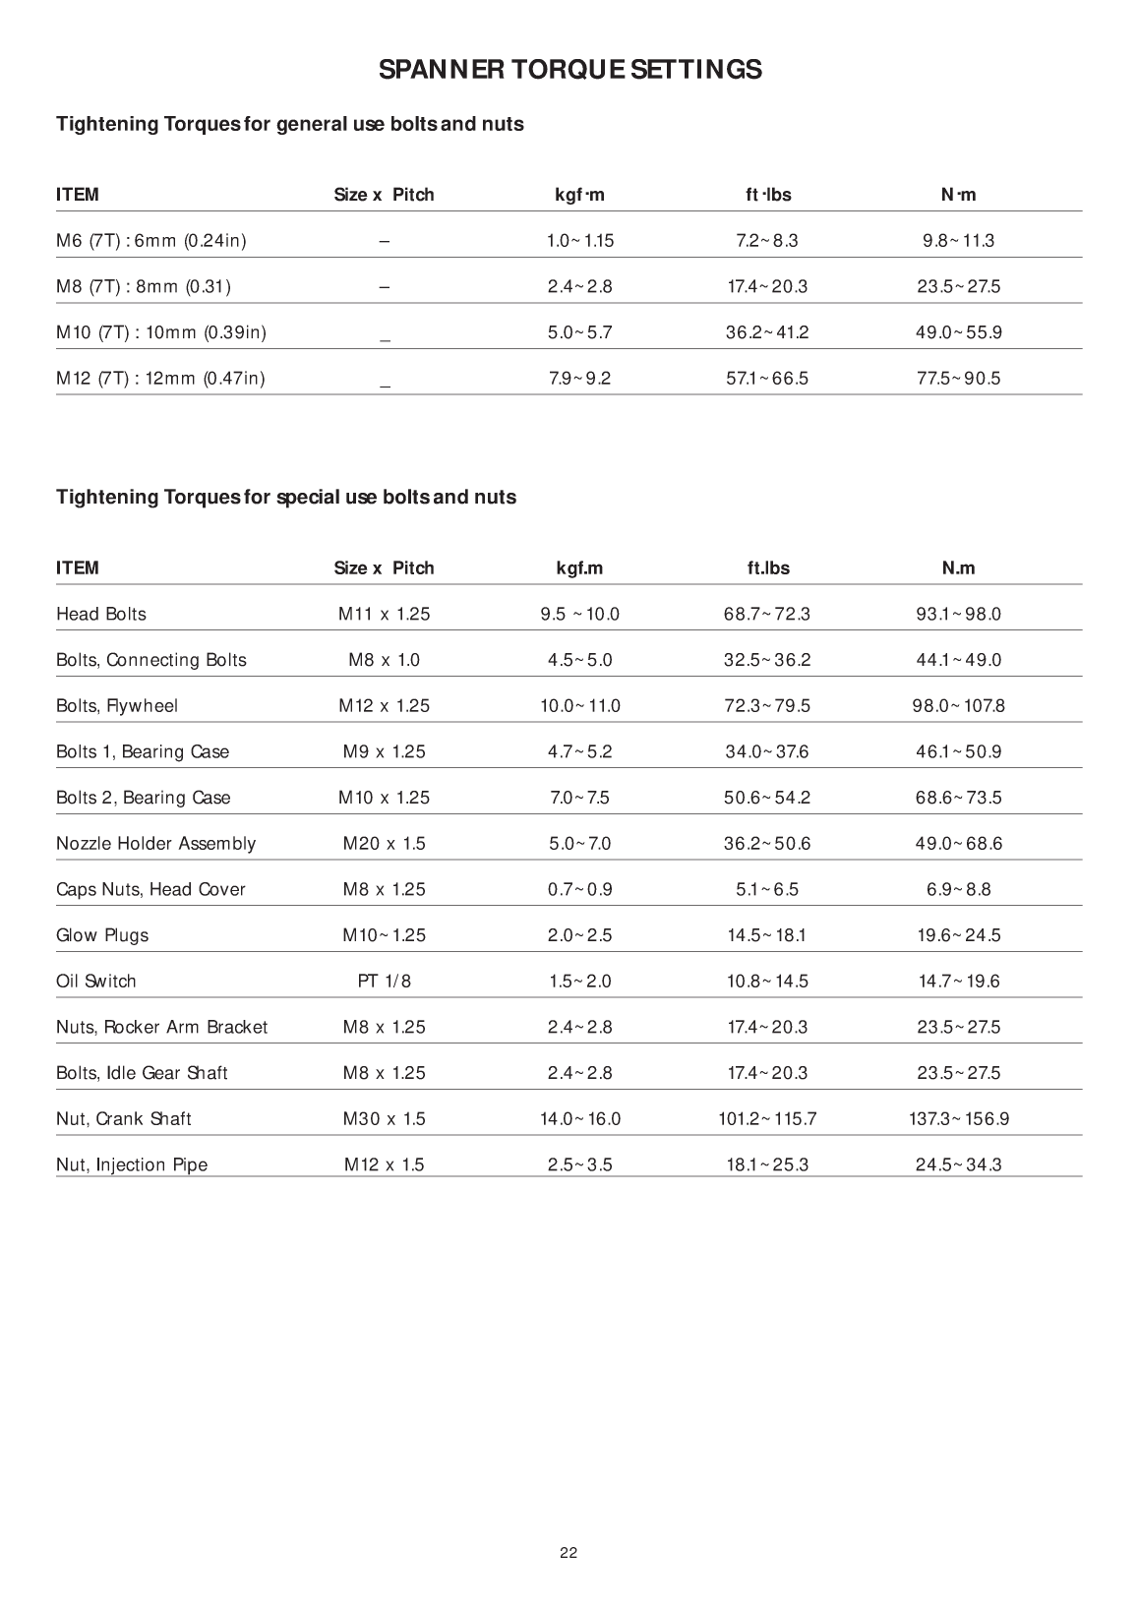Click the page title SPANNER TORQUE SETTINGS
coord(569,70)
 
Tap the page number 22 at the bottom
coord(569,1553)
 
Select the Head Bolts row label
coord(101,615)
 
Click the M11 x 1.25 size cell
coord(384,615)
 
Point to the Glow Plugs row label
coord(102,935)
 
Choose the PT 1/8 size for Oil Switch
coord(384,982)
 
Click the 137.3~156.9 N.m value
coord(958,1119)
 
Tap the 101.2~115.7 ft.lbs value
coord(767,1119)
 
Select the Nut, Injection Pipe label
coord(132,1165)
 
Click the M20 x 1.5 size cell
coord(384,844)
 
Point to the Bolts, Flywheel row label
coord(117,706)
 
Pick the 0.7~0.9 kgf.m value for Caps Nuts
coord(579,890)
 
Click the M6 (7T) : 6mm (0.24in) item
coord(151,241)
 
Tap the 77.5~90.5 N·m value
coord(958,379)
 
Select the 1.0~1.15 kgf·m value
coord(579,241)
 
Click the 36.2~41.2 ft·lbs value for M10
coord(767,332)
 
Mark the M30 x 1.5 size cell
coord(384,1119)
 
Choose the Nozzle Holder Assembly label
coord(155,844)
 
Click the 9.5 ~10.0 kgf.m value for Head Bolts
coord(579,615)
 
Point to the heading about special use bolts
coord(286,498)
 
